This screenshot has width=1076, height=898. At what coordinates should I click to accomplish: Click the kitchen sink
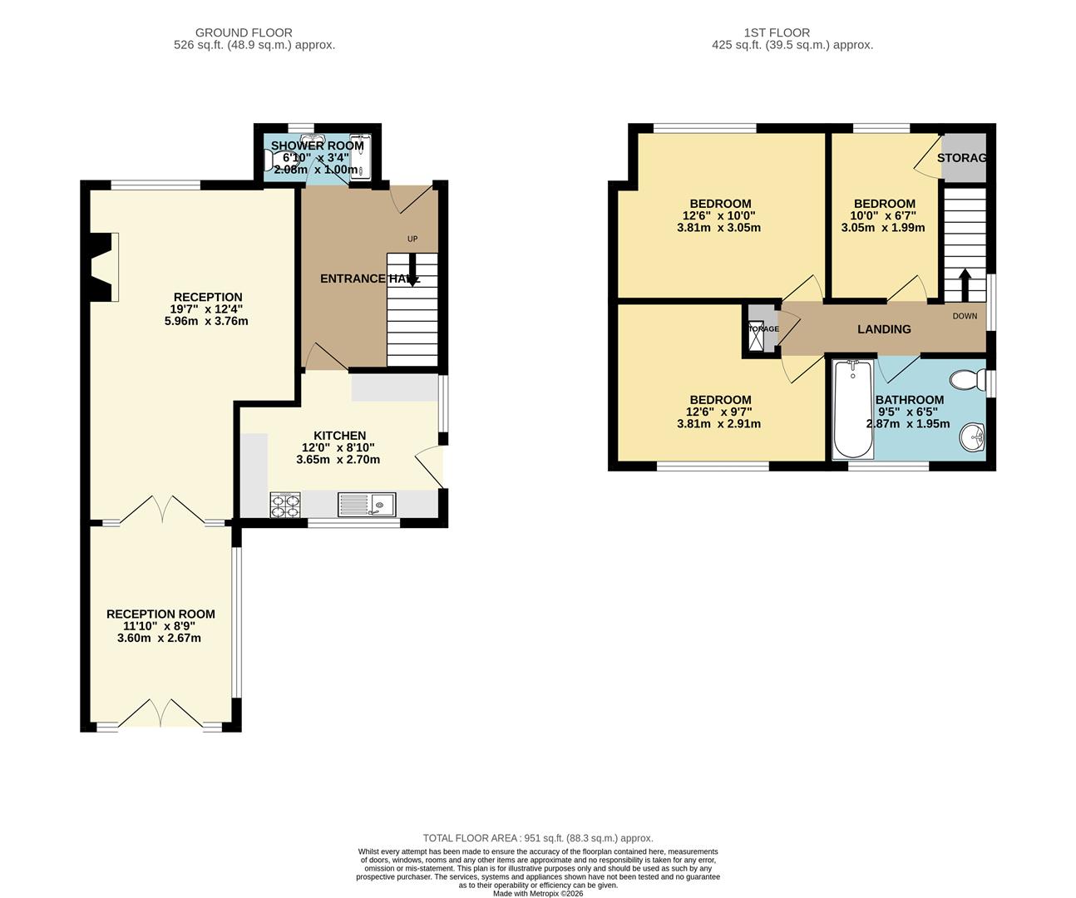tap(367, 504)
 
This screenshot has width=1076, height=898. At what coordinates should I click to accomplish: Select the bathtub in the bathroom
tap(852, 409)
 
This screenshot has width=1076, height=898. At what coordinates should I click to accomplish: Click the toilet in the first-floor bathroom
tap(966, 381)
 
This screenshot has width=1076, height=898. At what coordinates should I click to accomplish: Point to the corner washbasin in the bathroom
tap(971, 436)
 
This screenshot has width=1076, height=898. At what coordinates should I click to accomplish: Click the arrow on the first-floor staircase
tap(965, 284)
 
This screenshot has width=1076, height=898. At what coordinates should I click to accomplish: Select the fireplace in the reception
tap(102, 266)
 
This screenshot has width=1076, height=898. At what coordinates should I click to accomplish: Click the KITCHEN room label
tap(339, 436)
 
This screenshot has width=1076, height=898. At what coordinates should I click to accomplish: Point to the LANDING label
tap(884, 329)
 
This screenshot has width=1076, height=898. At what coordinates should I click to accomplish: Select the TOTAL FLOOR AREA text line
tap(538, 838)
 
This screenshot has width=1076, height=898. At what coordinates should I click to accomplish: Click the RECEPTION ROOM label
tap(160, 614)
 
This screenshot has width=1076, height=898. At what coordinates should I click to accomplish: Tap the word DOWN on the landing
tap(965, 316)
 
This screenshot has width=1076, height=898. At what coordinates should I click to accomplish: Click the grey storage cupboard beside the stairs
tap(963, 158)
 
